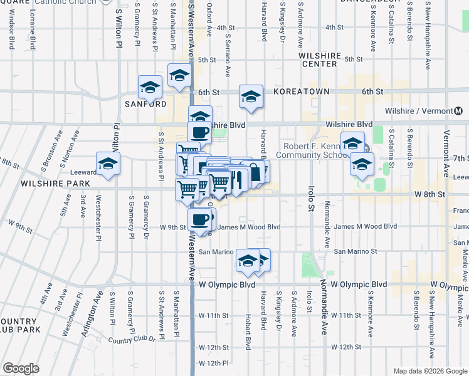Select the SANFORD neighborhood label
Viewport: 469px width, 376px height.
[x=145, y=103]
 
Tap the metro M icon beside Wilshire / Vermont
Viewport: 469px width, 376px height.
[x=460, y=111]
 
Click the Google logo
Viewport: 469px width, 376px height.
[x=21, y=368]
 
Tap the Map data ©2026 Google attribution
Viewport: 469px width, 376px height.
[x=430, y=371]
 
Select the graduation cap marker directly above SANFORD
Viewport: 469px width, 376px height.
[x=150, y=87]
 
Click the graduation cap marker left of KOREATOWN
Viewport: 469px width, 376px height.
[x=251, y=96]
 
